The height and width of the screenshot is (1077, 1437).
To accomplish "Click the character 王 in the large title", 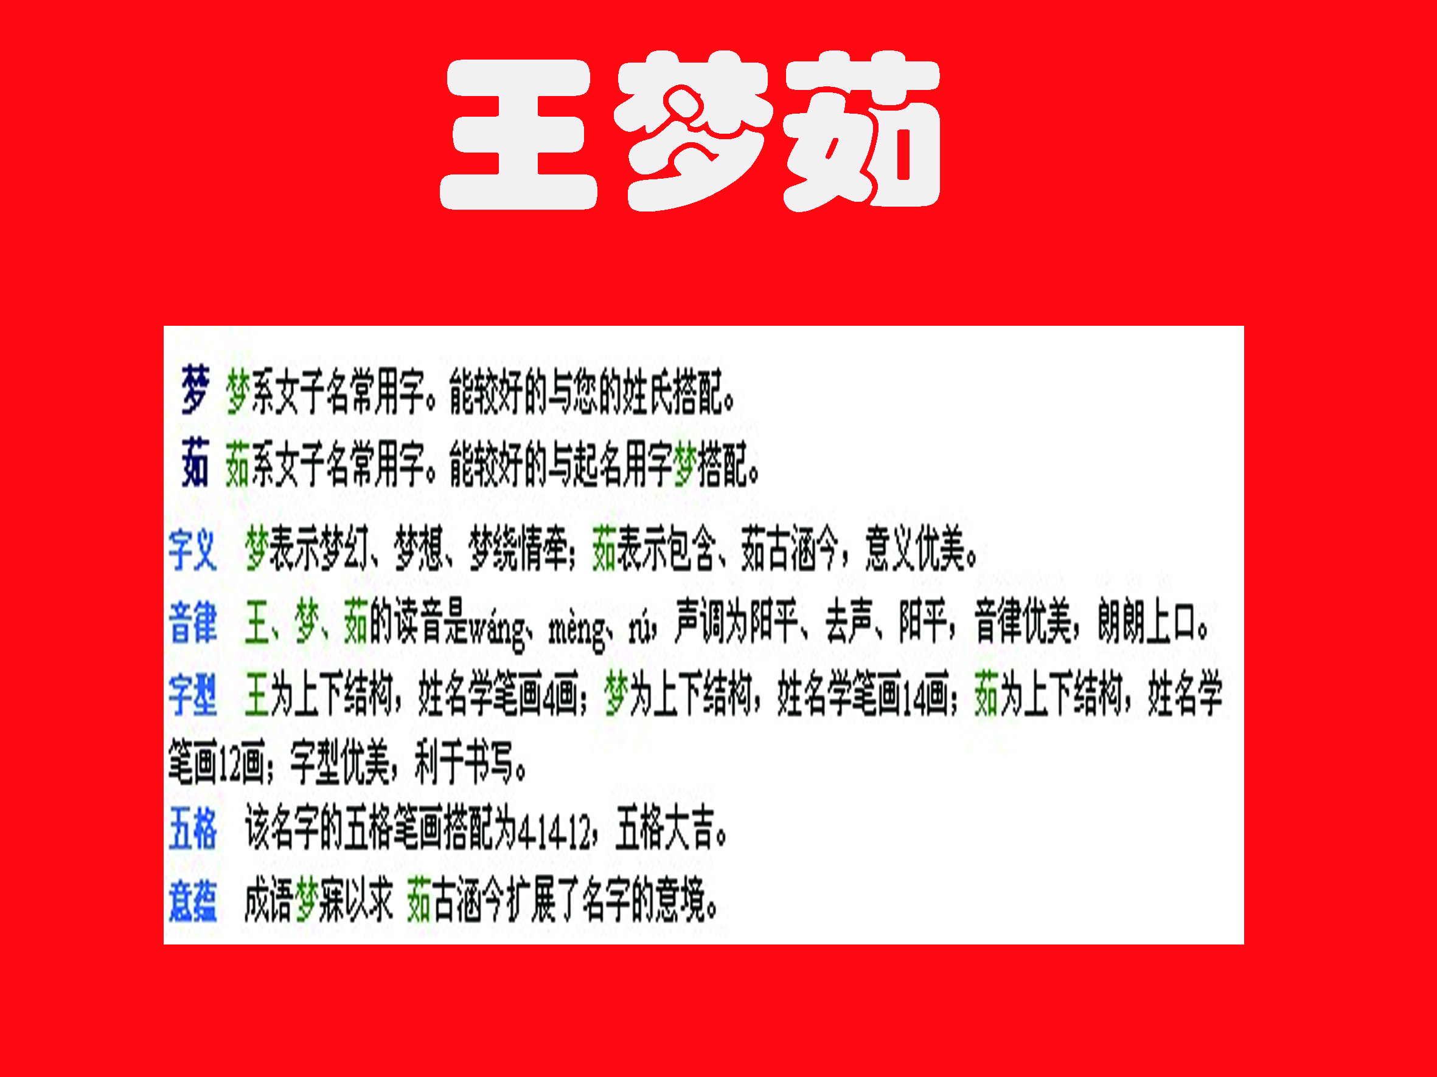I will pos(518,134).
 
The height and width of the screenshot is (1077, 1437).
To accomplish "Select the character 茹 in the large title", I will pos(861,133).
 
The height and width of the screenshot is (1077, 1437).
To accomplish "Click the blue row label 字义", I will pos(192,550).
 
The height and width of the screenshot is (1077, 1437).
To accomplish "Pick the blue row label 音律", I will pos(192,622).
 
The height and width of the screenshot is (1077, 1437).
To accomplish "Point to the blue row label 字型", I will pos(192,695).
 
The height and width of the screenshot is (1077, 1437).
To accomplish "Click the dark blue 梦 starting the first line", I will pos(195,390).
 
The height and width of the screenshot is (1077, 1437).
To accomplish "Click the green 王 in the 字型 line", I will pos(257,695).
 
